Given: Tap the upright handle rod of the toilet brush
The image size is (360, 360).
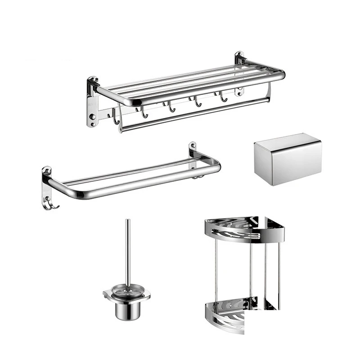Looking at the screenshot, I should tap(128, 252).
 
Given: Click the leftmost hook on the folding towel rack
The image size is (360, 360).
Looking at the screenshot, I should tap(116, 118).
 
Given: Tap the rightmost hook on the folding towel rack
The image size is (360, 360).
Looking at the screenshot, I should tap(223, 97).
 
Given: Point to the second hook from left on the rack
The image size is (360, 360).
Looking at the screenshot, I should tap(144, 113).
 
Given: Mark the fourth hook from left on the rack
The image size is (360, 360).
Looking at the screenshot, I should tap(197, 102).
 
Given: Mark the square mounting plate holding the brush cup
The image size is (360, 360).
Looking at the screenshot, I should tap(126, 295).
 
